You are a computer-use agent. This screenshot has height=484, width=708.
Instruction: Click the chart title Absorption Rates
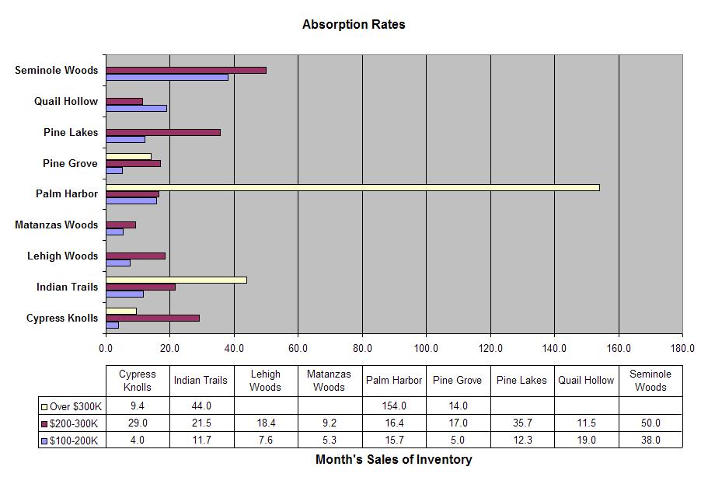(x=354, y=24)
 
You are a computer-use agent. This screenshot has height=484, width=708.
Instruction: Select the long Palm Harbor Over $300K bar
(x=353, y=187)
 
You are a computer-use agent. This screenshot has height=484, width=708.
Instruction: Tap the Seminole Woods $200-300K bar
(x=186, y=70)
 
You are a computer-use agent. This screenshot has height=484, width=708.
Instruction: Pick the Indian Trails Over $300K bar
(x=176, y=280)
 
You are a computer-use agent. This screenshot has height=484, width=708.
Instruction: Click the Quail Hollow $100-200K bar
(x=136, y=108)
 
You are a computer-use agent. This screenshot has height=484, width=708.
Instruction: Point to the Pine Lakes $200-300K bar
(x=163, y=132)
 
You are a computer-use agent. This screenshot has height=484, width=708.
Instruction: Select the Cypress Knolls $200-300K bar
(x=152, y=318)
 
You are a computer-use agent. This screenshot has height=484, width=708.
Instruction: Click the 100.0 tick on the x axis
(x=426, y=348)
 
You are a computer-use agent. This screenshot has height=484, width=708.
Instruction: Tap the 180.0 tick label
(x=682, y=348)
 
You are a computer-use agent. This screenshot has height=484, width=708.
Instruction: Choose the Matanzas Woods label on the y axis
(x=56, y=225)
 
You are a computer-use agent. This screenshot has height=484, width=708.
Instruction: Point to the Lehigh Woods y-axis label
(x=62, y=256)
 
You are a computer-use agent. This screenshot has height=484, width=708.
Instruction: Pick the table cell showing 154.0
(x=394, y=406)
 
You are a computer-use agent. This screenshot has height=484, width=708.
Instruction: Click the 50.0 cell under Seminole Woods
(x=650, y=423)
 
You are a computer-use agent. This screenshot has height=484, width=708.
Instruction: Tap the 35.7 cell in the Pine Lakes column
(x=521, y=423)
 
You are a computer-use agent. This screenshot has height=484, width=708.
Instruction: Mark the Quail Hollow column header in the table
(x=586, y=381)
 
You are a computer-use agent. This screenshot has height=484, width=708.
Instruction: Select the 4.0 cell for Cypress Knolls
(x=138, y=440)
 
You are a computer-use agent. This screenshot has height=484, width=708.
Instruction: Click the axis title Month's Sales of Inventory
(x=393, y=459)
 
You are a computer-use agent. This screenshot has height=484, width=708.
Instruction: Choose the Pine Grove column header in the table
(x=458, y=381)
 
